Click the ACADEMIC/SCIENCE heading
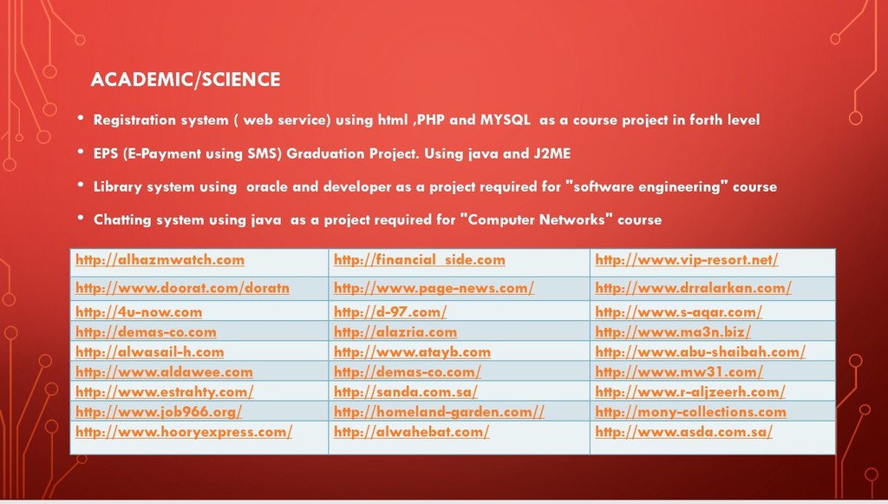(186, 79)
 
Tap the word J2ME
(552, 154)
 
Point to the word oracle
(267, 187)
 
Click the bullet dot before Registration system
(81, 118)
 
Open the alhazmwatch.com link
(160, 260)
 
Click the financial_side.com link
(419, 260)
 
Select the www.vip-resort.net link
(687, 260)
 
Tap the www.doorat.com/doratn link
(182, 288)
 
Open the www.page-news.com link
(434, 288)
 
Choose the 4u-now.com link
(139, 312)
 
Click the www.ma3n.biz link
(673, 332)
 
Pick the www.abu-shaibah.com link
(700, 351)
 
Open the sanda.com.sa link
(406, 392)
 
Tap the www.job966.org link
(159, 412)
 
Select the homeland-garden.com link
(439, 412)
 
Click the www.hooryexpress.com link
(184, 432)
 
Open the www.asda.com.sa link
(683, 432)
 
